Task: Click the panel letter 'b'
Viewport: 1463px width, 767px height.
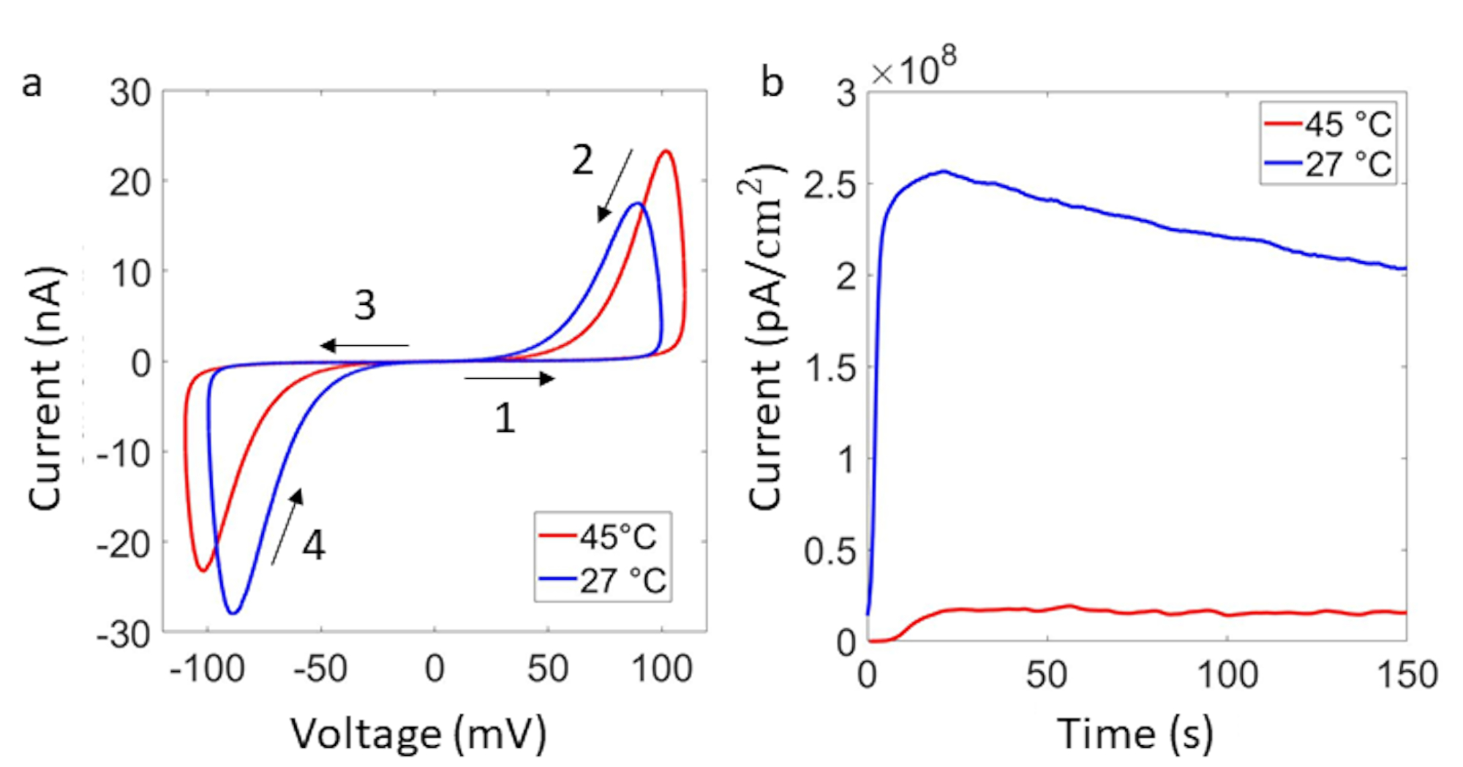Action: point(772,82)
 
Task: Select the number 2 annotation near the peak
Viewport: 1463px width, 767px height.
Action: point(582,160)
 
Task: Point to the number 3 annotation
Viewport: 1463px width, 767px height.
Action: point(365,305)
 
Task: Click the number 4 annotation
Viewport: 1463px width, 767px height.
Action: point(314,545)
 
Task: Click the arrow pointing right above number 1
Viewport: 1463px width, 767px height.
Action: point(509,378)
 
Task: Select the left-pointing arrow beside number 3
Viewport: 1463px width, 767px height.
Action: point(364,345)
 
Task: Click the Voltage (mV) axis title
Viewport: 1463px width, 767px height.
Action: point(418,733)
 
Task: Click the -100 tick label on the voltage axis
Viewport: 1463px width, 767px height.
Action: point(207,668)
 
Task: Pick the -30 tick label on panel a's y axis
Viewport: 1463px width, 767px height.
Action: point(124,634)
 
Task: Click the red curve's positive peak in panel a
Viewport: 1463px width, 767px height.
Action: point(666,151)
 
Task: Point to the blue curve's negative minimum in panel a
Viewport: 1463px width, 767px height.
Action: point(233,613)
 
